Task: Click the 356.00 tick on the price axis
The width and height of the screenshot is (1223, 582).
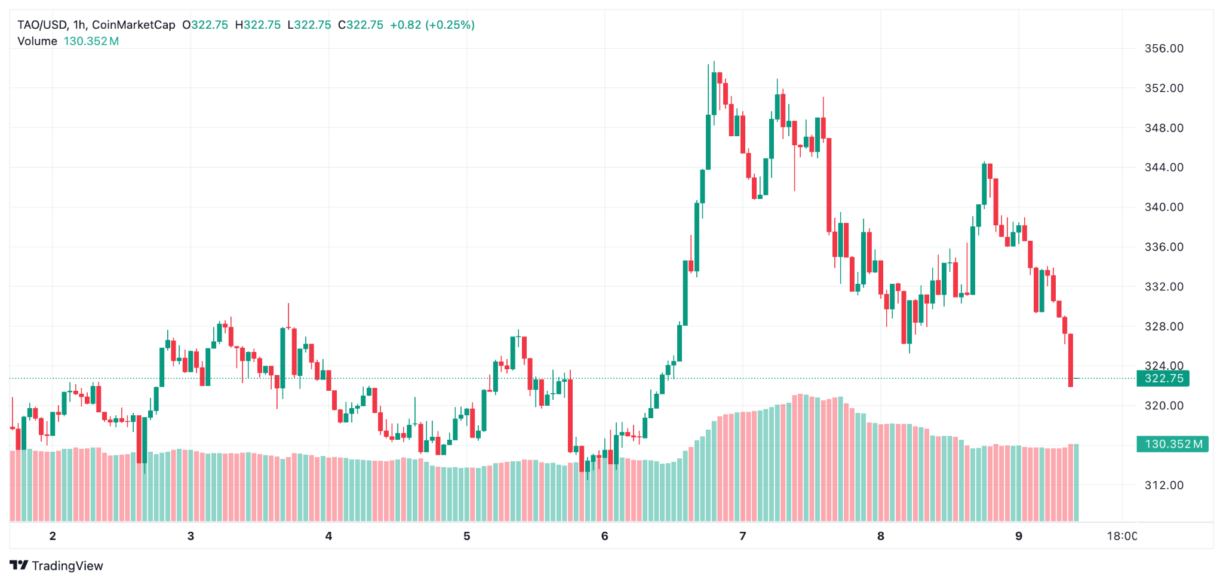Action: (x=1163, y=48)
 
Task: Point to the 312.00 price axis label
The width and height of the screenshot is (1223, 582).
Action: (x=1163, y=485)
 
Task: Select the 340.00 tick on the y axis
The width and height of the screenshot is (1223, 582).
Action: (x=1163, y=207)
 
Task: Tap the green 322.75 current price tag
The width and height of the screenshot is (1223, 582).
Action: (x=1163, y=378)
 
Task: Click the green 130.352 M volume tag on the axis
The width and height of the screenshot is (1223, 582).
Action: (x=1172, y=444)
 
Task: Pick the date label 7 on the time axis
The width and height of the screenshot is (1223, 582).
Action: (x=742, y=536)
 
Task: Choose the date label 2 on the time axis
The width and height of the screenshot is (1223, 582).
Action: (x=53, y=536)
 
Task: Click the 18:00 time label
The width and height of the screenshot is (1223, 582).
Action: (x=1121, y=536)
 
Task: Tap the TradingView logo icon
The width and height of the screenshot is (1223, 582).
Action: (x=19, y=565)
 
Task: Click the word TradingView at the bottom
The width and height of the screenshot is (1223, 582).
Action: (x=67, y=566)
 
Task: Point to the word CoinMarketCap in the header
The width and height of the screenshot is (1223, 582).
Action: (x=134, y=25)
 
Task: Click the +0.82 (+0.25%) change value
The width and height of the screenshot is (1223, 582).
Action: (x=432, y=25)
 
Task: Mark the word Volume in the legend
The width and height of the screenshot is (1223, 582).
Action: (x=37, y=41)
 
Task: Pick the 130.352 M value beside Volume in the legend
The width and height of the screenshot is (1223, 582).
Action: (x=91, y=41)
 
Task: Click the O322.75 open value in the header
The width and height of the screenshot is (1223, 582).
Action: (x=205, y=25)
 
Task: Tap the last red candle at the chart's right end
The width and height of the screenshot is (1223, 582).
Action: (x=1071, y=360)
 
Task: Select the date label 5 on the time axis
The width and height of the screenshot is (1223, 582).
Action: (x=466, y=536)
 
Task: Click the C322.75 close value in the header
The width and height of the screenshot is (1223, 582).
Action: (x=361, y=25)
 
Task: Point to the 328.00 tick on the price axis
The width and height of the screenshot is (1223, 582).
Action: (x=1163, y=326)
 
